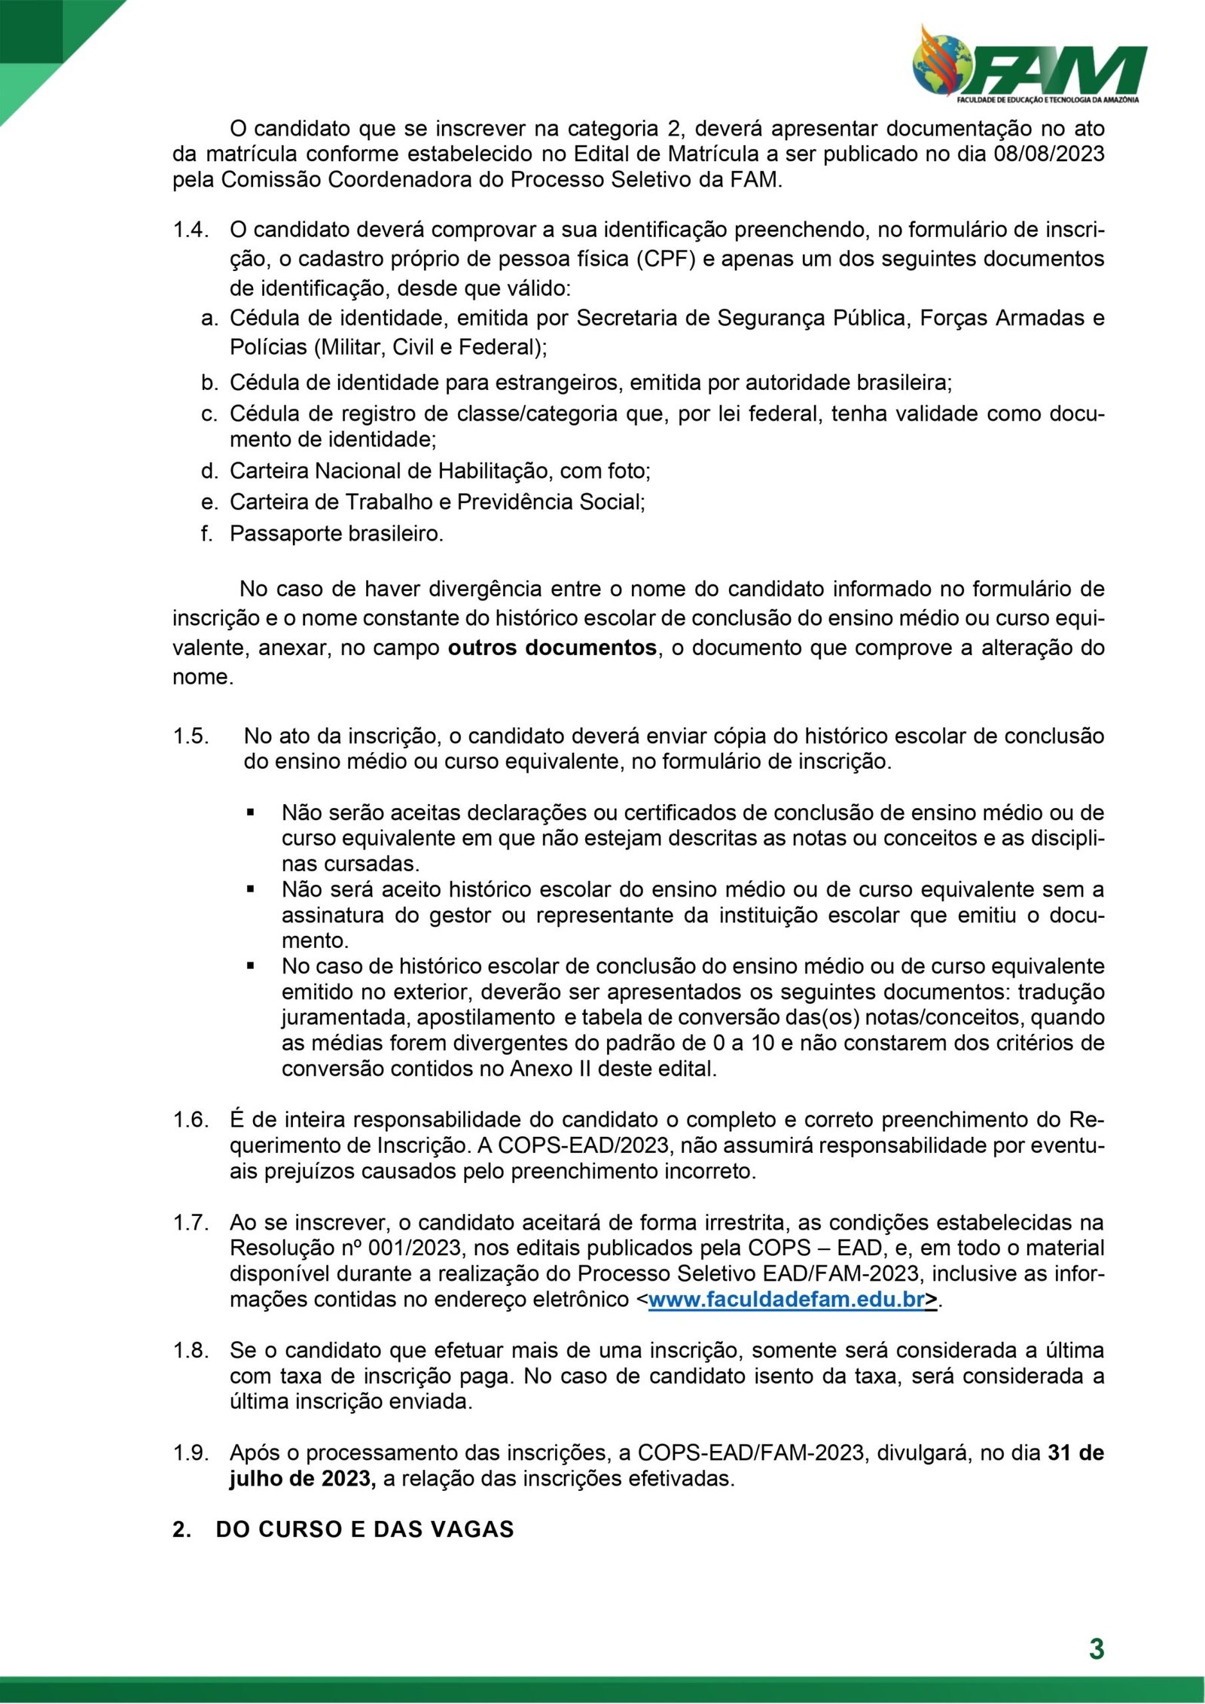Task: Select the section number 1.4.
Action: point(190,229)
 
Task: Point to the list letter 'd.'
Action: point(209,471)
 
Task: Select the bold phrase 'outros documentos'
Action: point(552,648)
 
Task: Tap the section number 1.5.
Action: point(191,736)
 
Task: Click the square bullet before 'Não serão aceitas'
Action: point(251,812)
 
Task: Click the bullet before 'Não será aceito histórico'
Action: point(251,889)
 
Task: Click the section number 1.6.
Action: point(191,1120)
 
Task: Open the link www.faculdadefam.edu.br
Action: point(786,1299)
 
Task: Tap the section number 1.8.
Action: point(191,1350)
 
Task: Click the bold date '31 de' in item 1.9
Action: point(1075,1453)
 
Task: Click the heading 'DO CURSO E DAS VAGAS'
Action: point(365,1529)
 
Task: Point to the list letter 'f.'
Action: point(207,533)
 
